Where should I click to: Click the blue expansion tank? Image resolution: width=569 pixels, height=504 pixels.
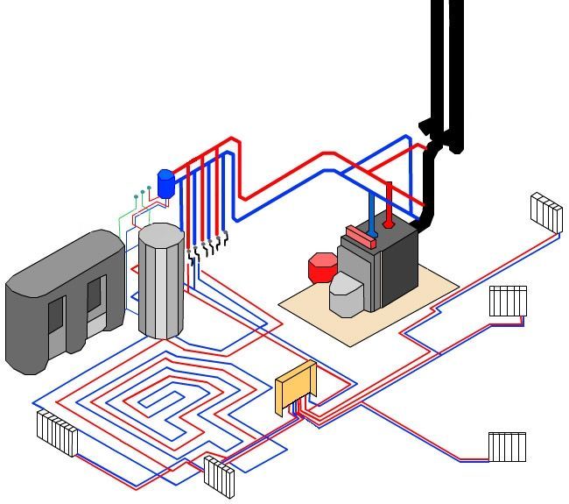coord(165,184)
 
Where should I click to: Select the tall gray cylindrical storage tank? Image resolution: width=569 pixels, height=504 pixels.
coord(161,285)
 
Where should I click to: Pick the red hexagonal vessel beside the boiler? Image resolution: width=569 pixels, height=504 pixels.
coord(322,266)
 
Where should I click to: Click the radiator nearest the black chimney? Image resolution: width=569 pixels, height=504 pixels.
coord(546,212)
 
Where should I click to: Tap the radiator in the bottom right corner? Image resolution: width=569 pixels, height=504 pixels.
coord(507,446)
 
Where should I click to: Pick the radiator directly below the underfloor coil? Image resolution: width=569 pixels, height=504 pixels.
coord(220,476)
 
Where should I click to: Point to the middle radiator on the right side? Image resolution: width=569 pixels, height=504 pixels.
coord(508,301)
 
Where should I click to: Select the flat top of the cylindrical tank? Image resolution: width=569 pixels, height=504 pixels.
coord(161,235)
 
